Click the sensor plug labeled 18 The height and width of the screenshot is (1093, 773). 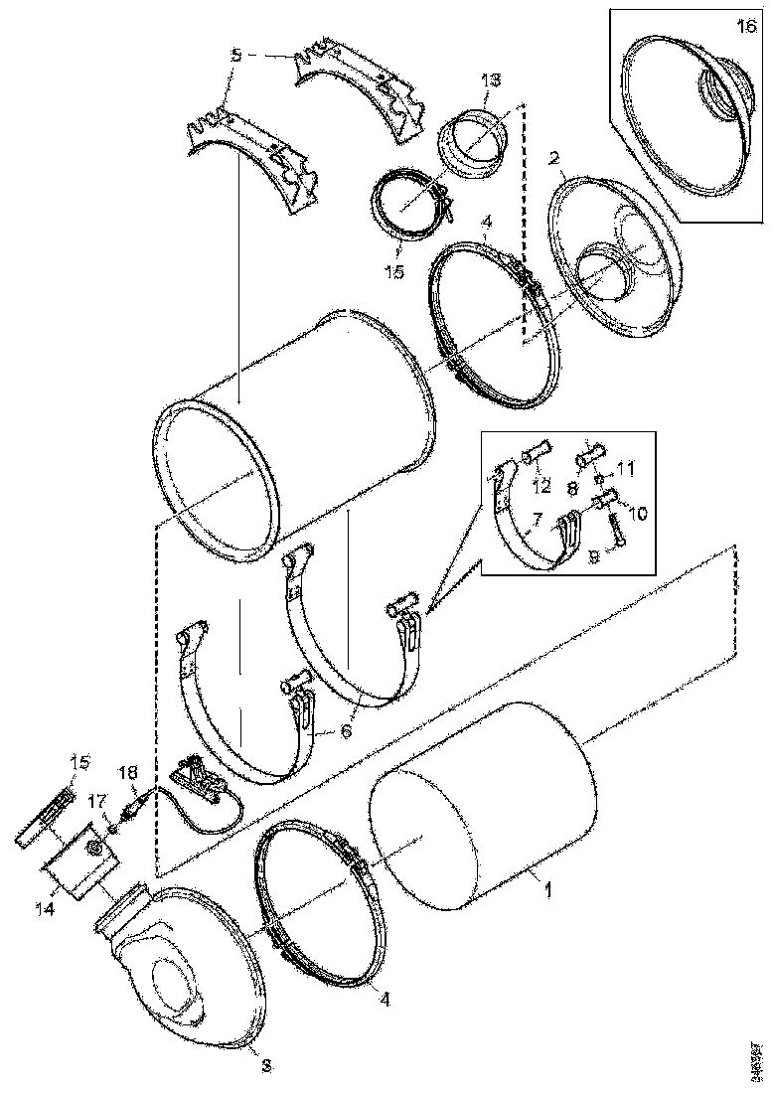(x=136, y=798)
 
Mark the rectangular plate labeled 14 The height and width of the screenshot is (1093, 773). (x=79, y=870)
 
